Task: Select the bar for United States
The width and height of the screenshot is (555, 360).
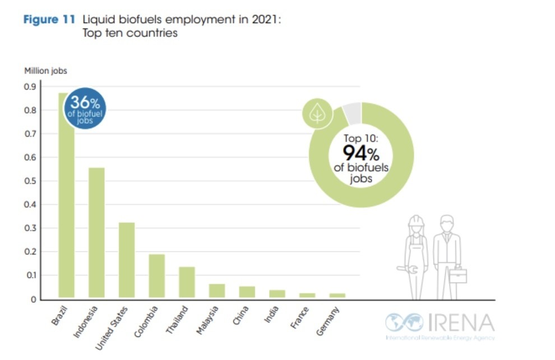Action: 127,260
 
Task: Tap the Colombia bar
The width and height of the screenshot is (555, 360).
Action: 157,275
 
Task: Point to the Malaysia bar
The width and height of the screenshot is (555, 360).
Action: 217,290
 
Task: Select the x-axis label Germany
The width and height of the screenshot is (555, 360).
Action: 328,322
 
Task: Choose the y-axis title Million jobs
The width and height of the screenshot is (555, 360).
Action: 45,71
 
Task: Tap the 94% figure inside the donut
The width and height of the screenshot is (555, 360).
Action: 361,153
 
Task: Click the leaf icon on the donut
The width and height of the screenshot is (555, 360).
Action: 317,113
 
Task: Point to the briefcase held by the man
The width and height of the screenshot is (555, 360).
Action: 457,275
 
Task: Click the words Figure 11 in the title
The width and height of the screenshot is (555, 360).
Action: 50,20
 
